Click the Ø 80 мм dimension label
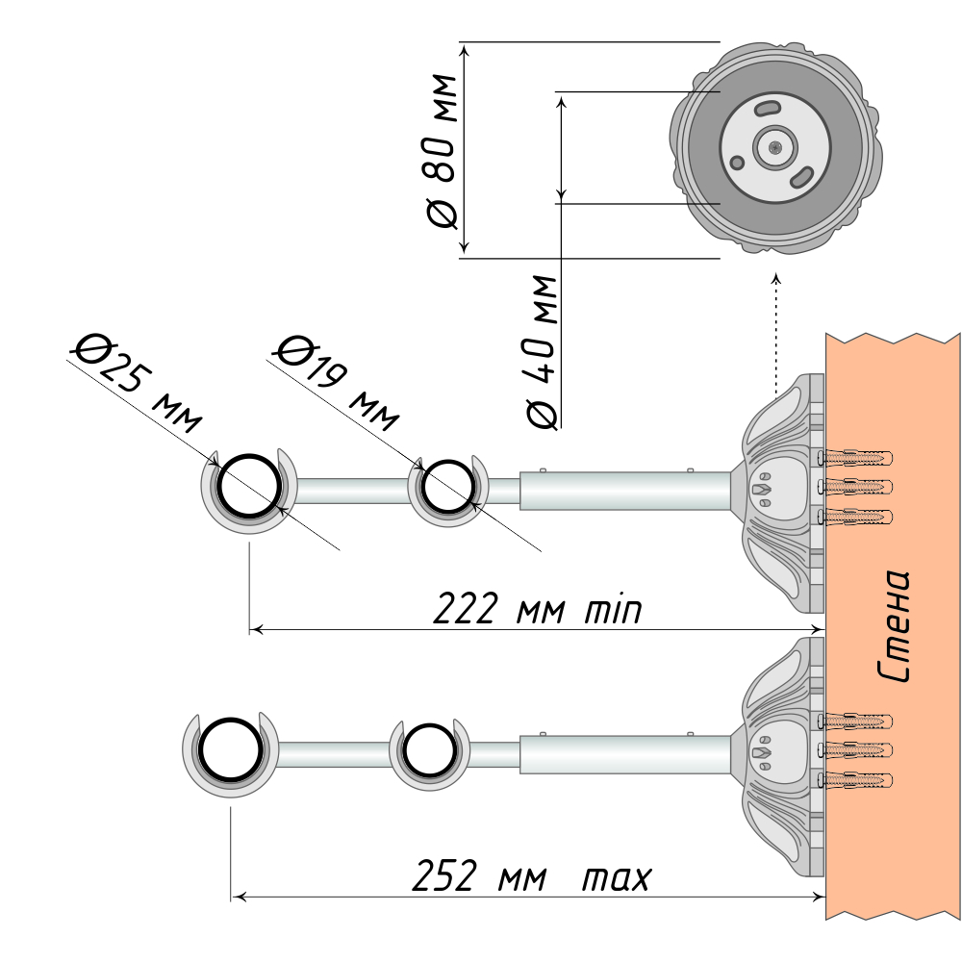tap(440, 150)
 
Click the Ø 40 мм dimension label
tap(543, 351)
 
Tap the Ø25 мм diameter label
tap(138, 379)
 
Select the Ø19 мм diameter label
tap(336, 381)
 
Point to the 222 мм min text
tap(538, 609)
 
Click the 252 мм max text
tap(532, 877)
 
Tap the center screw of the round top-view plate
tap(775, 147)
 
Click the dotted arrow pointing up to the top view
tap(776, 327)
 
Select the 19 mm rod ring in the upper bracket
tap(445, 487)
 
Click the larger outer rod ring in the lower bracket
tap(229, 749)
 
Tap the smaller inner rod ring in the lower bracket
tap(428, 750)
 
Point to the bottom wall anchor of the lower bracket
tap(855, 778)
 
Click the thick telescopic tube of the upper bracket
tap(625, 490)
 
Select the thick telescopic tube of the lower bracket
tap(625, 753)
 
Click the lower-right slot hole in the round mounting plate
tap(801, 177)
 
